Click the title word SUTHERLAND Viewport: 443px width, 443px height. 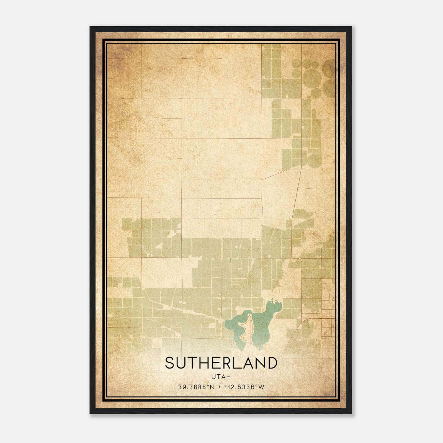221,363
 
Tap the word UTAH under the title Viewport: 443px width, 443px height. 221,377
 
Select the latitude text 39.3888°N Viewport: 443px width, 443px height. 196,387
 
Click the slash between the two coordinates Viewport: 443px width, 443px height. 220,387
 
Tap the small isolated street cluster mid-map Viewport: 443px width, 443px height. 218,213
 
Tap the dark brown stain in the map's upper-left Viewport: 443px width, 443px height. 122,53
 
